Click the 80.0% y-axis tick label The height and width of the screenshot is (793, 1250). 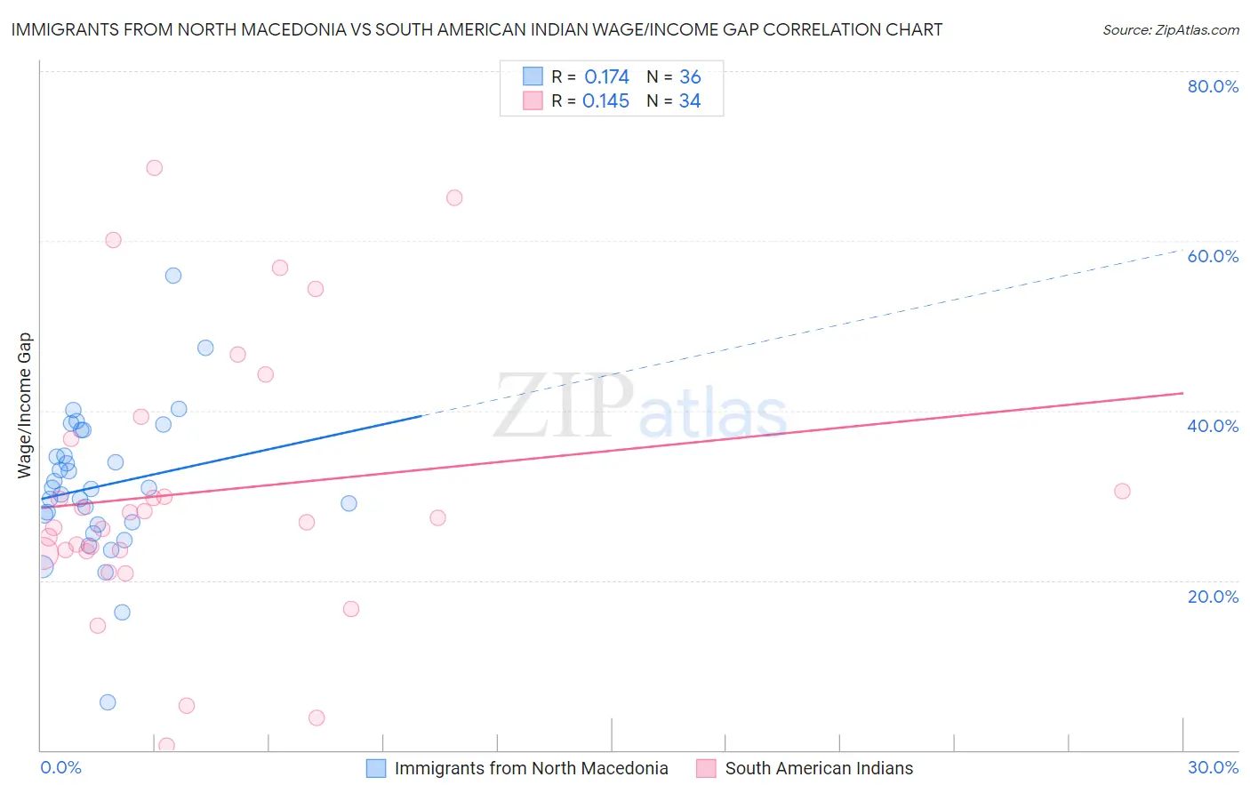coord(1213,86)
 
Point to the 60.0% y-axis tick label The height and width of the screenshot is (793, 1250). coord(1213,256)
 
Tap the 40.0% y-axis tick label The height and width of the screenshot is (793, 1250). coord(1213,426)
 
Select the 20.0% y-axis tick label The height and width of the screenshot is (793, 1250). coord(1213,597)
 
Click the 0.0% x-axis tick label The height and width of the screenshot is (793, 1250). coord(60,767)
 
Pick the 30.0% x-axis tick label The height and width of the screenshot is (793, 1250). coord(1213,767)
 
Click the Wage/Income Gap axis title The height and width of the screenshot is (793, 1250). coord(25,405)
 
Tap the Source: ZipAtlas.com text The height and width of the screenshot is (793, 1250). coord(1170,30)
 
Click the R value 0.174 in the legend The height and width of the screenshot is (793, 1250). coord(606,77)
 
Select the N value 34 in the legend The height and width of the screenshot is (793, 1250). coord(690,101)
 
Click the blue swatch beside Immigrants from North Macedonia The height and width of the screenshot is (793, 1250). coord(376,768)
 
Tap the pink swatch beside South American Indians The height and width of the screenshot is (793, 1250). coord(707,768)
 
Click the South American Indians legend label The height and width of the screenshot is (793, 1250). coord(819,768)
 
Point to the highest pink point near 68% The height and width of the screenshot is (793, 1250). coord(155,168)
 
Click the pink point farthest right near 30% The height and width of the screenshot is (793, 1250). coord(1122,492)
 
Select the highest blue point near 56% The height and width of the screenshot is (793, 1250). coord(173,276)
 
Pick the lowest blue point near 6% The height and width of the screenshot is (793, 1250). coord(108,702)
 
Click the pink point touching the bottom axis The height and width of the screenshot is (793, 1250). coord(166,746)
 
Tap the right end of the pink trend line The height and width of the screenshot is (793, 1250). coord(1182,393)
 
